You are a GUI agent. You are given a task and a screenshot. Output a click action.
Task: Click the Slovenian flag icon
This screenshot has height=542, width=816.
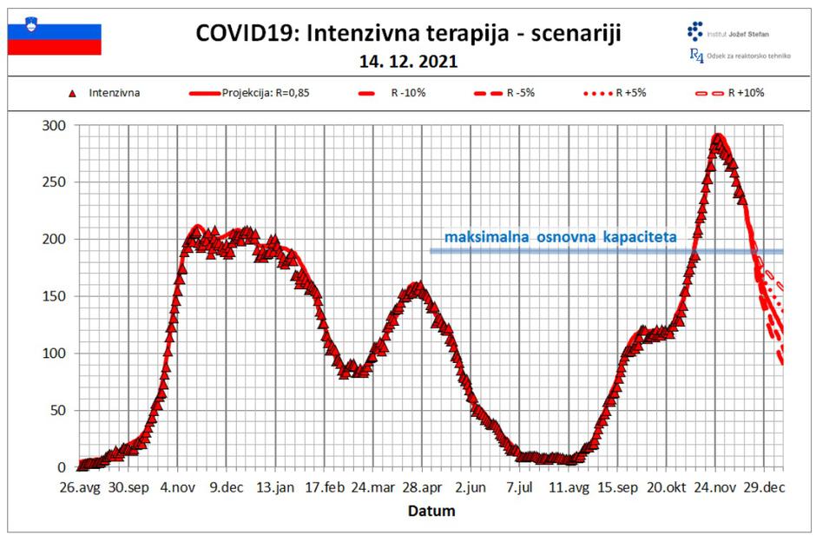(55, 39)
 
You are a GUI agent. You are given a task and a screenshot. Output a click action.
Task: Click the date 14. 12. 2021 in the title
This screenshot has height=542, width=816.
(408, 63)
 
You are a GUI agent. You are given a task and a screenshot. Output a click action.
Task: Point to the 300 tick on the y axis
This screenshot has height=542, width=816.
(55, 125)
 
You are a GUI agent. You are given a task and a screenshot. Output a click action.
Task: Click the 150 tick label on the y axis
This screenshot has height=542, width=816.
(55, 296)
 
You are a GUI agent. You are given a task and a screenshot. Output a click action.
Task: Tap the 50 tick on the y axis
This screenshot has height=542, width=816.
(58, 410)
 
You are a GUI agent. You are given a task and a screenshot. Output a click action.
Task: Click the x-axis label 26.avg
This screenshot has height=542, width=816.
(79, 487)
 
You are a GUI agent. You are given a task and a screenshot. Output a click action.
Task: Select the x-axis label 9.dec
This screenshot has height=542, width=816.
(227, 487)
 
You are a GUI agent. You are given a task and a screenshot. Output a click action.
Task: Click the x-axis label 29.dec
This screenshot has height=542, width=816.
(765, 487)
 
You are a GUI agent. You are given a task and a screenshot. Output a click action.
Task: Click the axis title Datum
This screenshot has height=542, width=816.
(431, 511)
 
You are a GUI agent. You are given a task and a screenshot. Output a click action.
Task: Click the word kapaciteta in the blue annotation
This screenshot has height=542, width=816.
(636, 236)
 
